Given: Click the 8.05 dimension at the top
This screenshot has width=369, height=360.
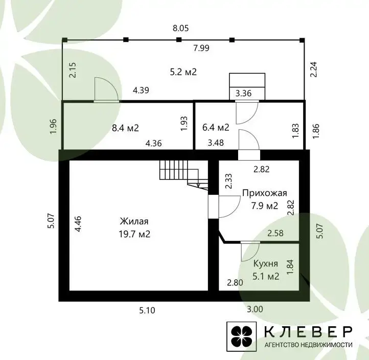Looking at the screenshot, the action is pos(181,28).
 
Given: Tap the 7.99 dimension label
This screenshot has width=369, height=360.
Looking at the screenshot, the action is pos(201,48).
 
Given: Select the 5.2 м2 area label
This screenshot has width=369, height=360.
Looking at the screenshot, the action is pos(183,72).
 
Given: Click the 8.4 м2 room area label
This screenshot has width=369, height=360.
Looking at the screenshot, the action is pos(125,128).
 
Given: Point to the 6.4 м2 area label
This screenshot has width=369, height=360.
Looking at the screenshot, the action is pos(216,127).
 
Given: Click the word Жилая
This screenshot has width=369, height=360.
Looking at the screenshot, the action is pos(134,221).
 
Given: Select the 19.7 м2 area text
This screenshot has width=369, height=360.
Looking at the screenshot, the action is pos(134,234).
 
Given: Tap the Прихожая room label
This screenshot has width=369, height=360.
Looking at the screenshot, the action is pos(265,193).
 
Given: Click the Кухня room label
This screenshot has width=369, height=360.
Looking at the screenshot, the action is pos(266,263).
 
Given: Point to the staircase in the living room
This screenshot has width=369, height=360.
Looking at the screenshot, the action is pos(184,174).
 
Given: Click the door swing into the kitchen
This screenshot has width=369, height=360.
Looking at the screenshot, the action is pos(250,252).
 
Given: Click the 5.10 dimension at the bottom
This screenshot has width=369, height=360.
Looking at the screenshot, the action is pos(147,310).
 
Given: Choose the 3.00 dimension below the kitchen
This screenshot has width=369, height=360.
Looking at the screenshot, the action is pos(255,309).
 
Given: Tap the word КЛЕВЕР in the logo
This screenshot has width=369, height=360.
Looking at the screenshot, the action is pos(308,332).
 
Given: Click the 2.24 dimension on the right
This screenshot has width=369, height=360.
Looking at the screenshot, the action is pos(314,69).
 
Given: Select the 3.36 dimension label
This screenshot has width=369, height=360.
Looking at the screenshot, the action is pos(244,93).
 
